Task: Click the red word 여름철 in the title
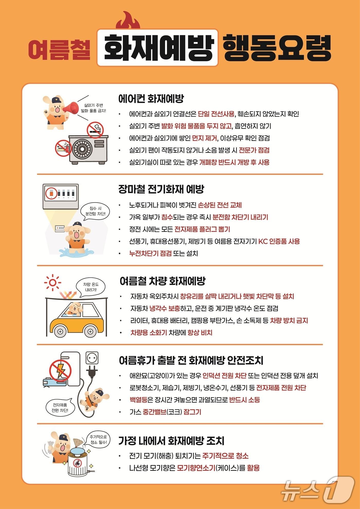click(x=59, y=49)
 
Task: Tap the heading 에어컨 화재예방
click(x=151, y=98)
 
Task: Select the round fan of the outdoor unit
click(x=82, y=149)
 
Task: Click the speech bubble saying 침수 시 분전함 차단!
click(x=95, y=211)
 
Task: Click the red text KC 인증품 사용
click(x=279, y=241)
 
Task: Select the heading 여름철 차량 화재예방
click(x=163, y=281)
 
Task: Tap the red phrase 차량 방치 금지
click(x=289, y=321)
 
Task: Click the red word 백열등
click(x=139, y=400)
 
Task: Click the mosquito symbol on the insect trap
click(x=77, y=463)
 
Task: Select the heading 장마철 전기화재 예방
click(x=161, y=189)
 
